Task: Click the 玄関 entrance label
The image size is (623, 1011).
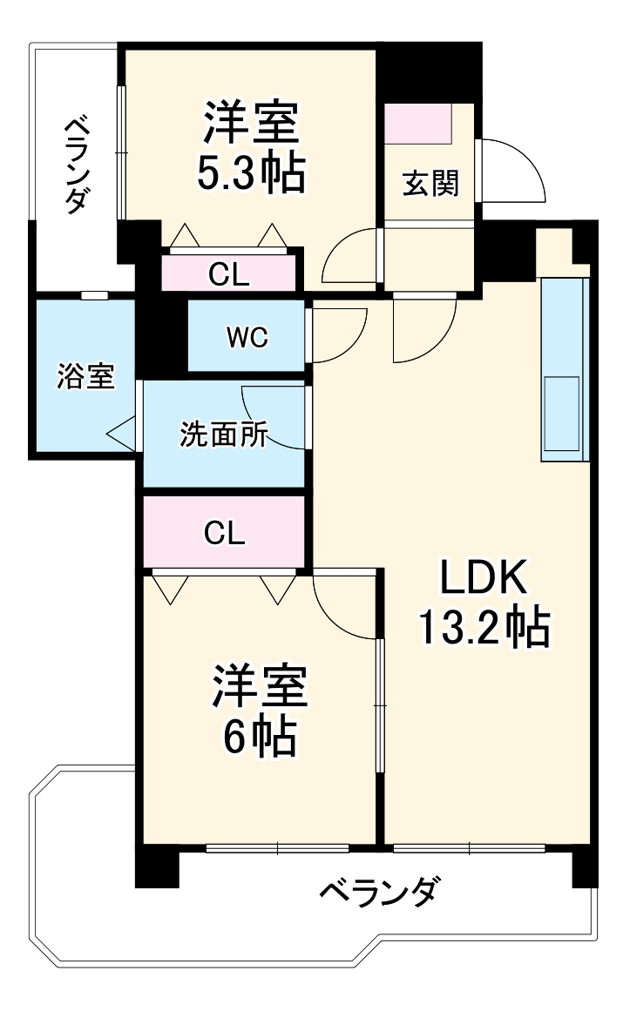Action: (430, 184)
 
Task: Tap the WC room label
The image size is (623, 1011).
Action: (247, 337)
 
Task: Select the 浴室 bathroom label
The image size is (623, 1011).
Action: (85, 377)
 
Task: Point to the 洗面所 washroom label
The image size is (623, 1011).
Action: (224, 435)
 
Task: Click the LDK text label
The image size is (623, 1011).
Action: (484, 577)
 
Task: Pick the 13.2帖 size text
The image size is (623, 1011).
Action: (484, 627)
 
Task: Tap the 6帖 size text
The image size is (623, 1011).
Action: (260, 738)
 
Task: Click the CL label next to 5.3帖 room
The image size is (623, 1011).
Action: (229, 276)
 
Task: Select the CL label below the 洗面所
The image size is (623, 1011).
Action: (224, 533)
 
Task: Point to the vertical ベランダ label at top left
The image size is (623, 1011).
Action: (77, 165)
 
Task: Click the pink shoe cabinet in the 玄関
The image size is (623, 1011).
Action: (418, 125)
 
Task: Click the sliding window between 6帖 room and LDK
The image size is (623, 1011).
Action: (380, 705)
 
